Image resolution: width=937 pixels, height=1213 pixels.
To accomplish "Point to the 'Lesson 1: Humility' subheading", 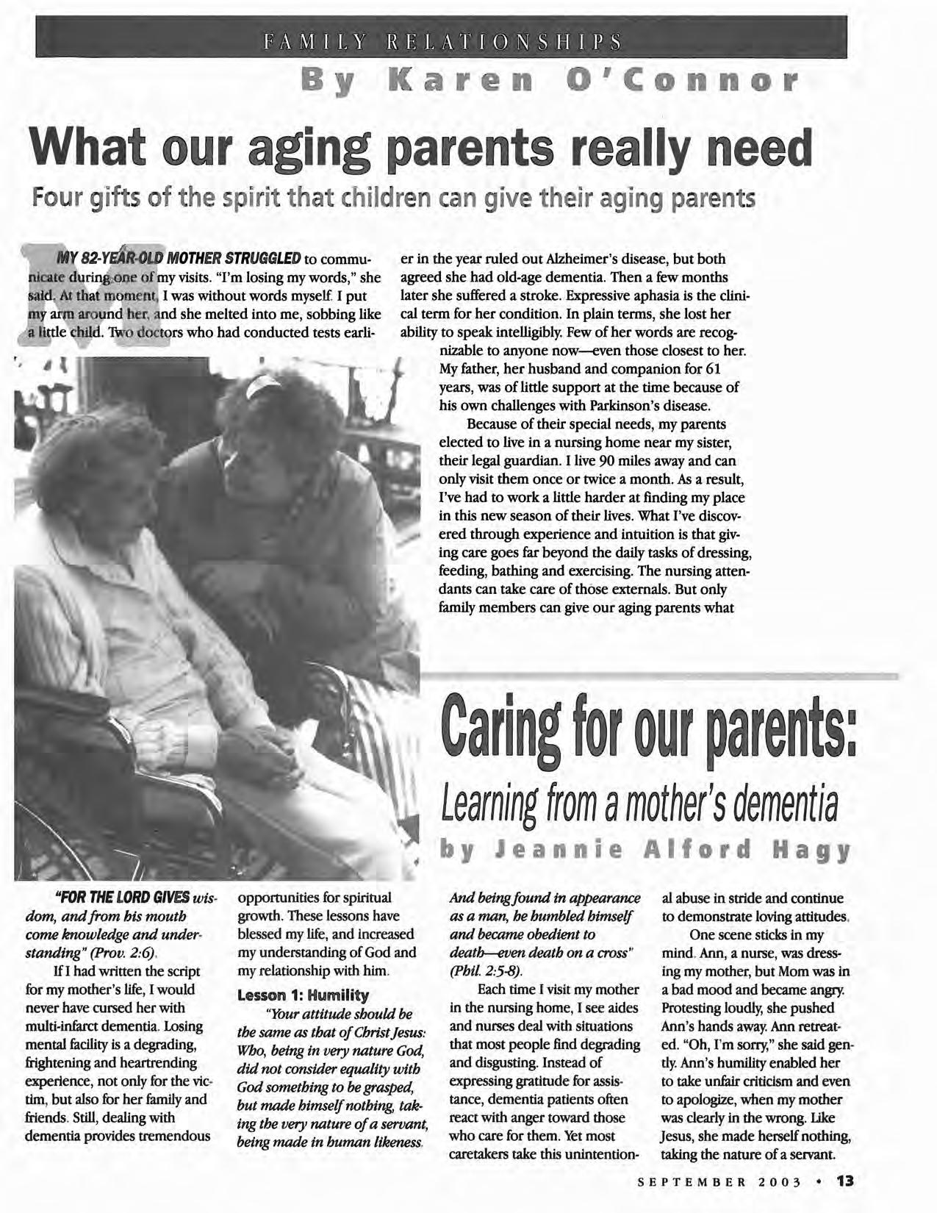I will coord(303,995).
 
